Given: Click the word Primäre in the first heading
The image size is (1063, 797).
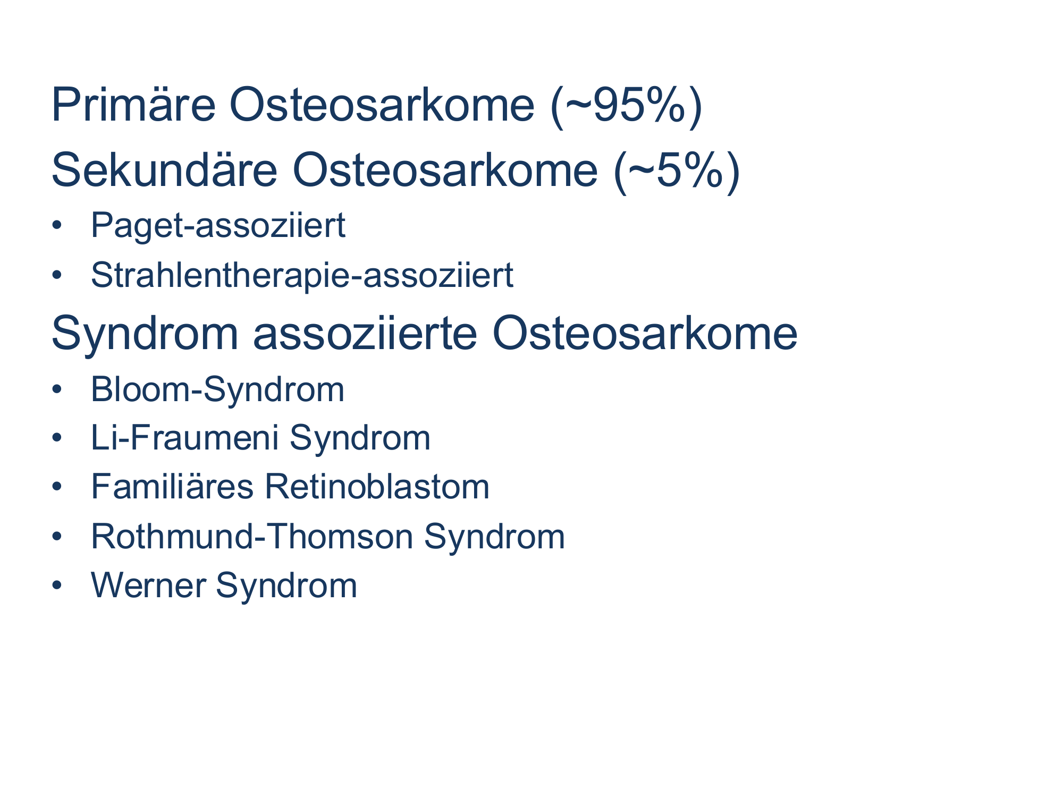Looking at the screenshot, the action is (133, 105).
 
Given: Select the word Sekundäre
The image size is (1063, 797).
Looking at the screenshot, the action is (164, 170).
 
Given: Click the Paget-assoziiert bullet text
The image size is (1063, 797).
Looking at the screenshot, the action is (218, 226).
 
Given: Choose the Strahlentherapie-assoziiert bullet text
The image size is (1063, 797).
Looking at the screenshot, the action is (302, 276).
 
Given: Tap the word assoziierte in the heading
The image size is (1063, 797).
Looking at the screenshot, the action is (366, 334).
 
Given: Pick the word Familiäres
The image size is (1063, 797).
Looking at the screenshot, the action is (172, 487).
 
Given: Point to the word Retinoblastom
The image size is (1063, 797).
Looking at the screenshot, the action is (377, 487).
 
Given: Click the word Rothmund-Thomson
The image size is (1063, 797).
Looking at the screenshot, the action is (252, 537).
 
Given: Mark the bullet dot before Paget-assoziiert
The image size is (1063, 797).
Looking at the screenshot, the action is (57, 226).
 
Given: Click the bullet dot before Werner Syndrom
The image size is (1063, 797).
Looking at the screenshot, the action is (57, 586).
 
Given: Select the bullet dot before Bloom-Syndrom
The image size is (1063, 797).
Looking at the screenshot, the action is (57, 389).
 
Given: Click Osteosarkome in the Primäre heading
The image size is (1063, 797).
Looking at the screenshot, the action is (382, 105).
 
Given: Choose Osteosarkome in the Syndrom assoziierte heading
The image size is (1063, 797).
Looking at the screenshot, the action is (645, 334).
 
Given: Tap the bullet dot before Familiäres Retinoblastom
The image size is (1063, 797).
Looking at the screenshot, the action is (57, 487).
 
